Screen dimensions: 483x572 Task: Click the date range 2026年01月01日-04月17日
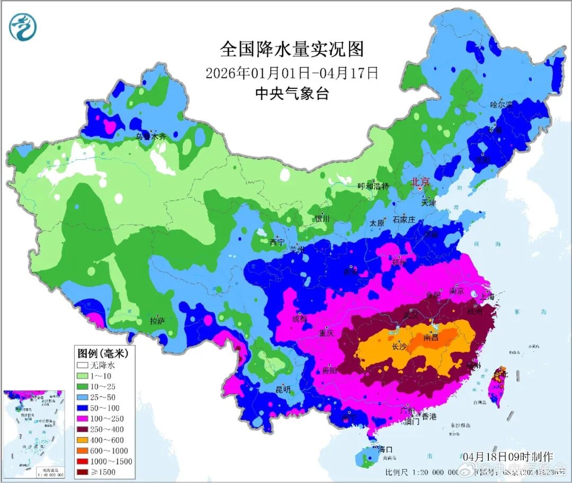coord(292,72)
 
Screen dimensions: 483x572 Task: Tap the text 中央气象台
coord(292,94)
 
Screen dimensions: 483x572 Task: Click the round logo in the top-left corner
coord(23,27)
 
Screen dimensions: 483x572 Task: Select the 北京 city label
coord(421,181)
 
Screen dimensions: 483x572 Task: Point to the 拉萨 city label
coord(157,321)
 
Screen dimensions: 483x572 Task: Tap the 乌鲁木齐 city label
coord(151,136)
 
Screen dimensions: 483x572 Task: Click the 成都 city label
coord(299,318)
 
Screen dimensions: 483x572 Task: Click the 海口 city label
coord(385,449)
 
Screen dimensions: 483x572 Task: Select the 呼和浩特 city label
coord(373,186)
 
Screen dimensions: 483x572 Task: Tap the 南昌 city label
coord(431,337)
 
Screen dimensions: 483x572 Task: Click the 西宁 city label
coord(277,242)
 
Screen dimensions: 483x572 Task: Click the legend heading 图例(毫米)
coord(99,352)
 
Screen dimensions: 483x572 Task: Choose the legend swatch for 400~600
coord(83,440)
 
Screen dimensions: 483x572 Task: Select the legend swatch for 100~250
coord(83,418)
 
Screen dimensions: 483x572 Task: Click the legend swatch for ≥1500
coord(83,472)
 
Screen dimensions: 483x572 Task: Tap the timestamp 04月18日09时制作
coord(507,456)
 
